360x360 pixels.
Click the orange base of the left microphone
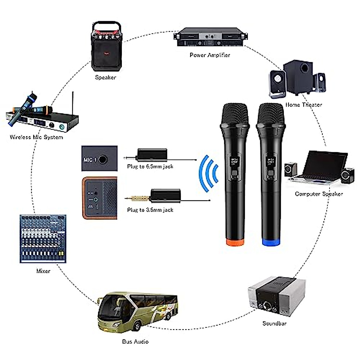(x=235, y=242)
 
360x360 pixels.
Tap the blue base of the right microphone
(x=271, y=242)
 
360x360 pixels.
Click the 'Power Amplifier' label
(x=210, y=55)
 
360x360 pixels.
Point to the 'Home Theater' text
(x=304, y=105)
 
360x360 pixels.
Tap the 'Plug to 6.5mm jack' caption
(x=150, y=166)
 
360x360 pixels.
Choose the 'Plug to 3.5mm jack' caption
(x=150, y=210)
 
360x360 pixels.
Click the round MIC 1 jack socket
(x=103, y=159)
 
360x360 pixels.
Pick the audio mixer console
(x=43, y=238)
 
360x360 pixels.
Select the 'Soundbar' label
(x=274, y=323)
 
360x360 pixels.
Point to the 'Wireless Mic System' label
(x=36, y=137)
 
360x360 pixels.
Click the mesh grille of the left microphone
(x=235, y=114)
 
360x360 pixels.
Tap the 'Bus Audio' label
(x=135, y=341)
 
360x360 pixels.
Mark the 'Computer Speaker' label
(x=319, y=194)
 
